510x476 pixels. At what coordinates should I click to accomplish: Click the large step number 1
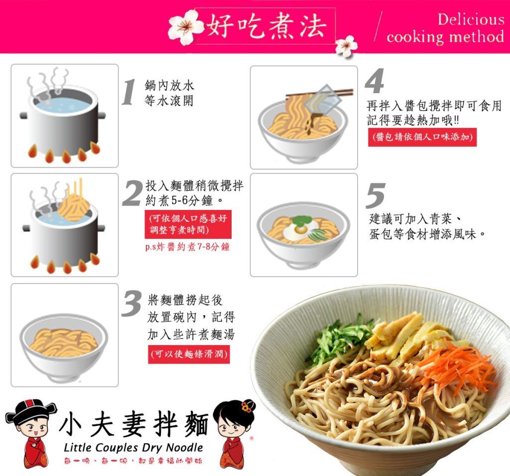(129, 93)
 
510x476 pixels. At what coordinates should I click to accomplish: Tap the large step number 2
(132, 193)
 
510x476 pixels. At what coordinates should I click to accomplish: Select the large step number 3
(131, 303)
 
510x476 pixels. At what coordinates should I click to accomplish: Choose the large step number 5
(376, 195)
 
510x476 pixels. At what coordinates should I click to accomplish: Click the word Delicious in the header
(471, 19)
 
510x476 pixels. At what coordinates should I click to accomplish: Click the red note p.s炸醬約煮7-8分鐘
(187, 247)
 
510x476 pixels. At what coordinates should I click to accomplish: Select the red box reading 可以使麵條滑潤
(189, 354)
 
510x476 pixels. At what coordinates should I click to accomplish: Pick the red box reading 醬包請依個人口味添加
(422, 137)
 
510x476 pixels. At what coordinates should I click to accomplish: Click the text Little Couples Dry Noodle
(133, 448)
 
